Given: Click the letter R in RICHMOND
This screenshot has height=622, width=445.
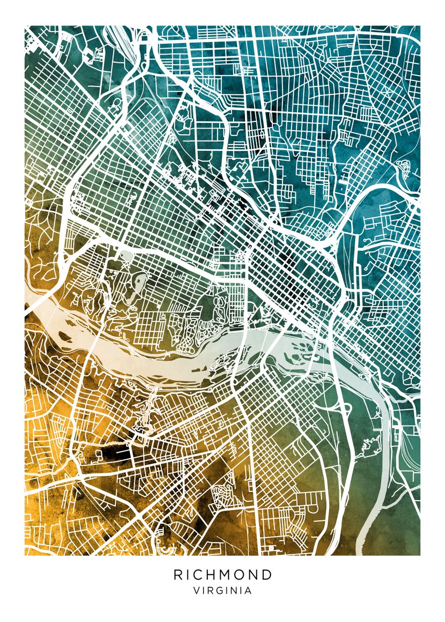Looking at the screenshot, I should (178, 575).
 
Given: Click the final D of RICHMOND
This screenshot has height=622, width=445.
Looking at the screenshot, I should (266, 575).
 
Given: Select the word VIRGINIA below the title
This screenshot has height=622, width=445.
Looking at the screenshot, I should (222, 590).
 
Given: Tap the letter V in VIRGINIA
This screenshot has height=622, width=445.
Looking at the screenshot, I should (196, 590).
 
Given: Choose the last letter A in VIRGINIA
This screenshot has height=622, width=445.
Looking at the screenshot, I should (249, 590).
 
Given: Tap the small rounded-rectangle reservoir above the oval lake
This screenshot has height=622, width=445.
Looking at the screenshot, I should (127, 255).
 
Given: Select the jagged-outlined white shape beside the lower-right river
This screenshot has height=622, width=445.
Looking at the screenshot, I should (369, 445).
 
